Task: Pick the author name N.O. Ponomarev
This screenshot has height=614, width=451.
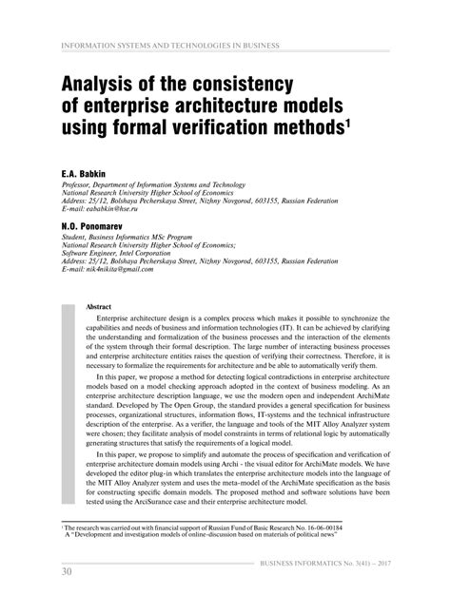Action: tap(94, 228)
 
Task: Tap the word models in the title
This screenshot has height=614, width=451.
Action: tap(313, 104)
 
